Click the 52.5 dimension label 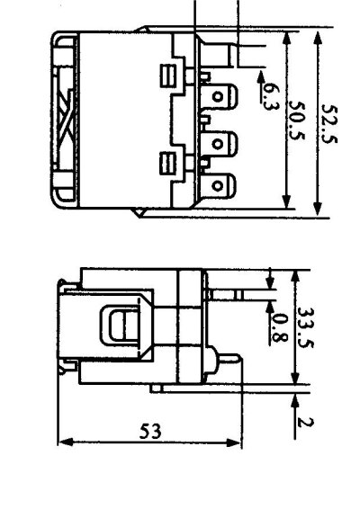[329, 124]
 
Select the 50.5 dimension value [297, 121]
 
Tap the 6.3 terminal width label [270, 96]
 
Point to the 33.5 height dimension [305, 327]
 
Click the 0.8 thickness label [279, 328]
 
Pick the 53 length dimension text [150, 432]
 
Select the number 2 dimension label [306, 423]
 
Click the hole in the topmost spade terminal [218, 97]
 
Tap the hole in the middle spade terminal [218, 144]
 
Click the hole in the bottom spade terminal [217, 185]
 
